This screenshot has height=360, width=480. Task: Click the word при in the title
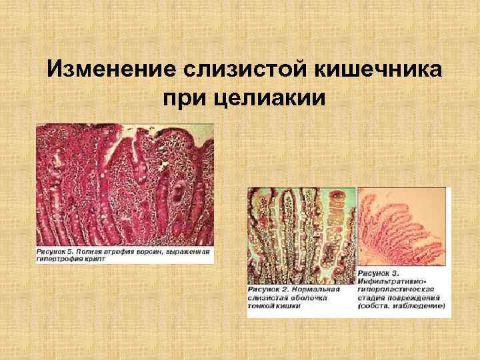tap(186, 99)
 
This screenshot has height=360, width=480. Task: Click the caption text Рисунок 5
tap(55, 253)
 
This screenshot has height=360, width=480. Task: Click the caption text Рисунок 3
tap(380, 273)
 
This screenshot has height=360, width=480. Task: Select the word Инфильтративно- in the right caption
tap(393, 281)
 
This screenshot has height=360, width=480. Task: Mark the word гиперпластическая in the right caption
tap(397, 289)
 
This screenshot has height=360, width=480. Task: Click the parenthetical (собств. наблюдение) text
tap(401, 305)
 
